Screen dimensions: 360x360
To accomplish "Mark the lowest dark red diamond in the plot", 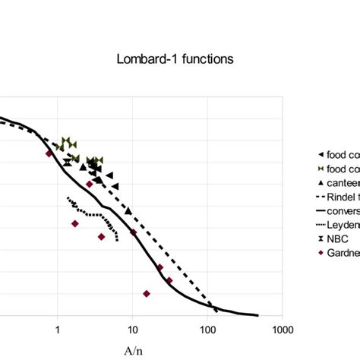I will pos(147,293).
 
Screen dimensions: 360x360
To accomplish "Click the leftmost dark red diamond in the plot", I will pos(49,153).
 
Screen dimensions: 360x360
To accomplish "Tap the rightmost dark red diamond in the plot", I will pos(169,280).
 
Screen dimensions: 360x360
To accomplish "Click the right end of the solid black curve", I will pos(257,315).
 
